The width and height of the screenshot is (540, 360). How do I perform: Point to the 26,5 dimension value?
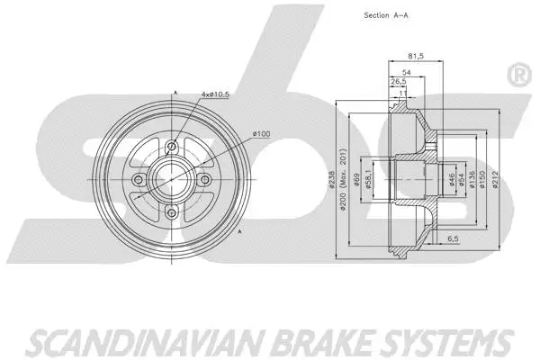[396, 81]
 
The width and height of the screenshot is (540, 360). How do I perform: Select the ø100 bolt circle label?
[261, 134]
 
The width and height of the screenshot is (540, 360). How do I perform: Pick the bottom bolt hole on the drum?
[171, 212]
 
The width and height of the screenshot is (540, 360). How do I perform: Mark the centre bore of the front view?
[171, 180]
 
